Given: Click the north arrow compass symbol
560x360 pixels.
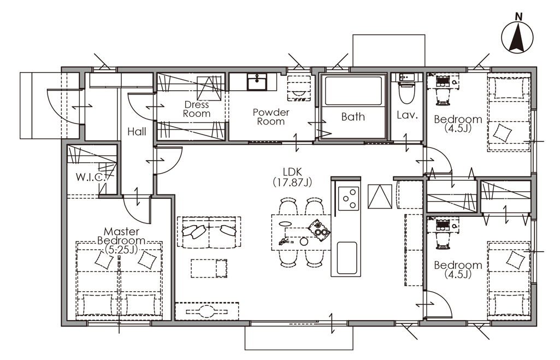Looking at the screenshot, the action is click(517, 36).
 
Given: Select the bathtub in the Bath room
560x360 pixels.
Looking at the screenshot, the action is click(353, 90).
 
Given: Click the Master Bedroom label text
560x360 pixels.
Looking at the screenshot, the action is click(121, 240).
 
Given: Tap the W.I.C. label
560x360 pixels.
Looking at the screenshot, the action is click(90, 177).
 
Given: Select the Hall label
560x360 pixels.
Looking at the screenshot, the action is click(137, 132).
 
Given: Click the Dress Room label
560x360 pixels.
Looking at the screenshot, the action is click(197, 109).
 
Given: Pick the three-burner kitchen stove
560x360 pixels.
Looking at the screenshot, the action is click(349, 198).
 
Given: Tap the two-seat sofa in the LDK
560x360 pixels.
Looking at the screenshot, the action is click(209, 232).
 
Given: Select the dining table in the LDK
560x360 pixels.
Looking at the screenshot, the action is click(301, 233).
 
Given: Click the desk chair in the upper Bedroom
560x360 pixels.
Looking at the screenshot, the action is click(443, 97).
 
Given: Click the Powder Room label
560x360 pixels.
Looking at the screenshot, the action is click(271, 117).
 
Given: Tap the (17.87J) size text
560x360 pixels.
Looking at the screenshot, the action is click(292, 182).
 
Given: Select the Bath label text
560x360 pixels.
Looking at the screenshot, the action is click(353, 117).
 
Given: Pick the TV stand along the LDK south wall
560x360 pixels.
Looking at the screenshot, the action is click(207, 311).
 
